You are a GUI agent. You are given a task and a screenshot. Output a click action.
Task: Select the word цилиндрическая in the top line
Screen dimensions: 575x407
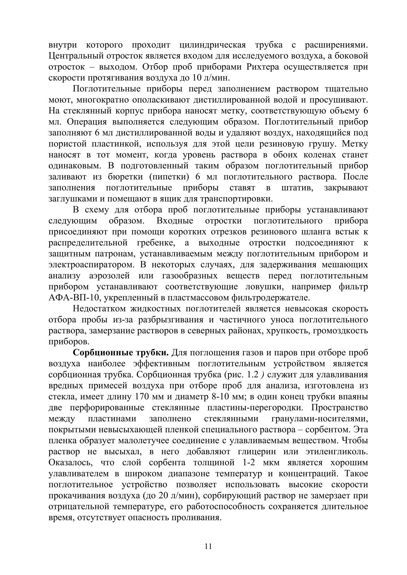click(213, 45)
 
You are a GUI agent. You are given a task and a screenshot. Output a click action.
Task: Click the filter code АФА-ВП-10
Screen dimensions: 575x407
click(73, 298)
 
